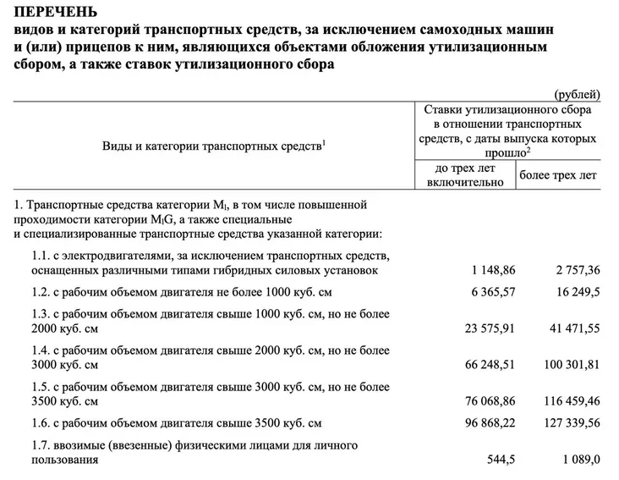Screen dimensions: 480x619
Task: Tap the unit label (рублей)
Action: coord(577,94)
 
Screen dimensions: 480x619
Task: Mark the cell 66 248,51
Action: coord(486,365)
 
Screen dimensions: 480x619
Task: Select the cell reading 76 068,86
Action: coord(486,399)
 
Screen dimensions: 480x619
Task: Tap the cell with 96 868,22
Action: coord(486,422)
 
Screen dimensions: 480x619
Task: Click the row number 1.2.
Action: coord(36,293)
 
